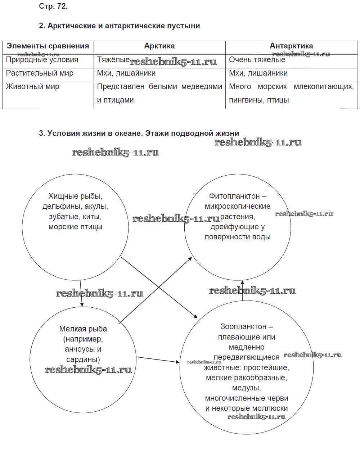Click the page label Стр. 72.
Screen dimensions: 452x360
click(53, 6)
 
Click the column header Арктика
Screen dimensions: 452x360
click(159, 46)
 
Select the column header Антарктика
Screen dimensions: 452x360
click(291, 46)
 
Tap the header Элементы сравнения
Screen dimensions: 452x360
click(48, 46)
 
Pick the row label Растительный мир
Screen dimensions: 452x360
click(40, 73)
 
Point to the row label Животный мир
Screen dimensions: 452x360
click(32, 86)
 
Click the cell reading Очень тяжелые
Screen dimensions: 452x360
click(257, 60)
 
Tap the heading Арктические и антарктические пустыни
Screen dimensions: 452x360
click(123, 26)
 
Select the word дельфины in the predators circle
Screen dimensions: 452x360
click(59, 206)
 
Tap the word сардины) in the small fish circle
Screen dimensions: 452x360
click(83, 359)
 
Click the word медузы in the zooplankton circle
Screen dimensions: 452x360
click(246, 388)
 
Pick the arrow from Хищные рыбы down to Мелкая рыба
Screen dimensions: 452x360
click(81, 293)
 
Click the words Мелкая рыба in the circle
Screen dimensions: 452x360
click(83, 329)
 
